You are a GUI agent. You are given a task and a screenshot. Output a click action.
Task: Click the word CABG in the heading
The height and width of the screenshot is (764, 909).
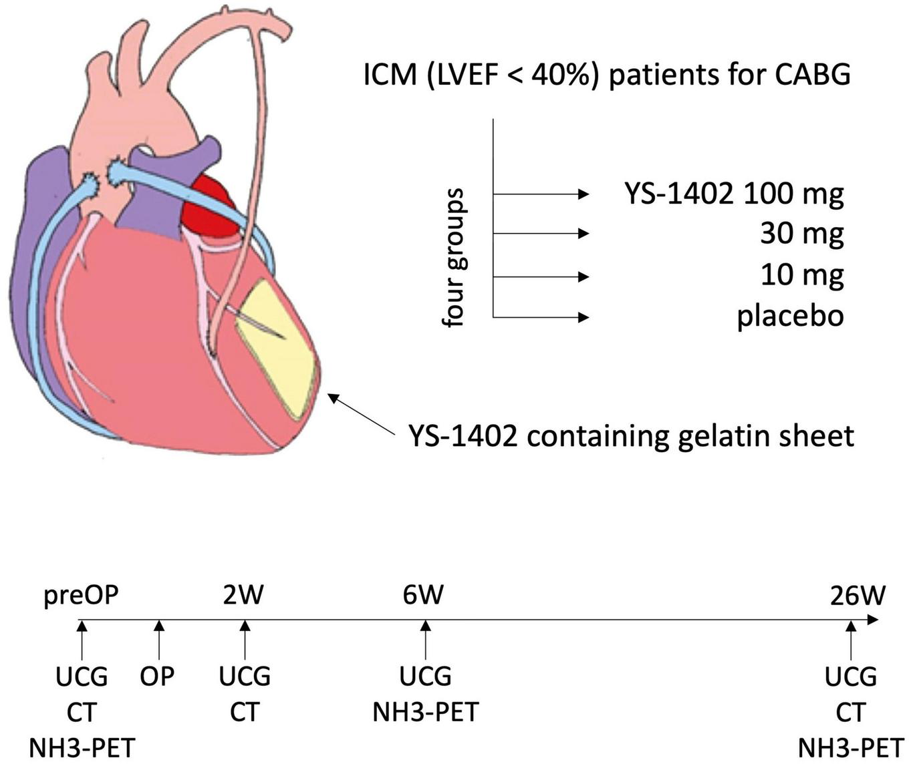(x=813, y=75)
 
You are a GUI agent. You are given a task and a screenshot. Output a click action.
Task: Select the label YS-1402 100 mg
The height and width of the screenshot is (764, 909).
(x=734, y=194)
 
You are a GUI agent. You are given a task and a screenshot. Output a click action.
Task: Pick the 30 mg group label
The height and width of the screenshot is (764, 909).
(x=801, y=234)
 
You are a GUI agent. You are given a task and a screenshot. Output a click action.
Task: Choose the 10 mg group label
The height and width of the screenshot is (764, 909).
(x=801, y=275)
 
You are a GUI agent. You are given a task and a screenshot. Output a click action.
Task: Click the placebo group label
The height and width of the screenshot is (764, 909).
(x=790, y=316)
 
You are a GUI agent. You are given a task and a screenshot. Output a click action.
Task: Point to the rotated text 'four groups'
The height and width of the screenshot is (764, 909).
(x=454, y=258)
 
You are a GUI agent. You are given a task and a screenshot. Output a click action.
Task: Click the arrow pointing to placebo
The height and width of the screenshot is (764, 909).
(x=541, y=317)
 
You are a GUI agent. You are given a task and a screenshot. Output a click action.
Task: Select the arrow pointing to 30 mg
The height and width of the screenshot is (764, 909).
(x=541, y=234)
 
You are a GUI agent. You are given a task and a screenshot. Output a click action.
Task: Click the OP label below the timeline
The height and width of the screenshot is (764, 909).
(x=158, y=677)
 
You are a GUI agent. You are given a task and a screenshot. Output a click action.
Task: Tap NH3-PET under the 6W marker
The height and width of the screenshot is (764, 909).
(x=425, y=712)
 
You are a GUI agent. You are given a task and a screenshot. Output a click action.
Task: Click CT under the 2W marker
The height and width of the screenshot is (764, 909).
(x=245, y=712)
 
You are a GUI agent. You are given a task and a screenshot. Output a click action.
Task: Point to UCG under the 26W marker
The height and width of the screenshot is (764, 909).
(x=850, y=677)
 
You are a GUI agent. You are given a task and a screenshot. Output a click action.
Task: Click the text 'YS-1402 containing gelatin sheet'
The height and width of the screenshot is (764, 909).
(x=632, y=436)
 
